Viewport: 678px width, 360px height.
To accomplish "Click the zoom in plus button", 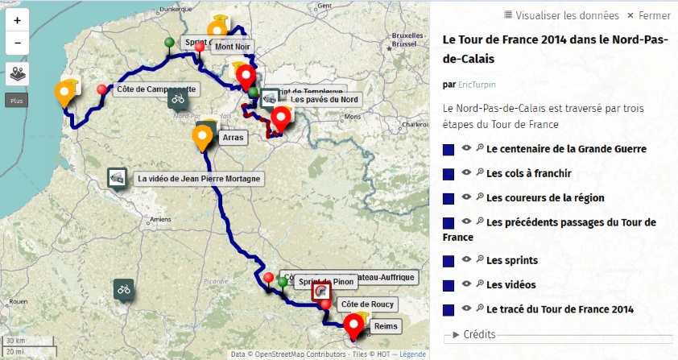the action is (x=18, y=21).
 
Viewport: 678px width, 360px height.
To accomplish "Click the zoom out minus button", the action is (x=18, y=43).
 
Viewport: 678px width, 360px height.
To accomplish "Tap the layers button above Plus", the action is (x=18, y=74).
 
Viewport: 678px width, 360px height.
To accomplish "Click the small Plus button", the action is (x=17, y=101).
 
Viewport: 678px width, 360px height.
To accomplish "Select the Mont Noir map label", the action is (x=229, y=47).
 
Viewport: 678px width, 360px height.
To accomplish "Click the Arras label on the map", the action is (x=231, y=138).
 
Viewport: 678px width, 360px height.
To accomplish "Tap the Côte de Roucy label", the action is (x=359, y=304).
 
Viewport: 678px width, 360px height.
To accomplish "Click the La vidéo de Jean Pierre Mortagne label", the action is (x=198, y=179).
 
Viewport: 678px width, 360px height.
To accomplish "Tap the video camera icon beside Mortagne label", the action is (x=118, y=178).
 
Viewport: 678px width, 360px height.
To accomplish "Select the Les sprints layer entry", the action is (x=511, y=261).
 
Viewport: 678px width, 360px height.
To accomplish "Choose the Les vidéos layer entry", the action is (x=511, y=284).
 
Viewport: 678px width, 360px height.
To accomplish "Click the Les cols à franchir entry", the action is (x=528, y=173).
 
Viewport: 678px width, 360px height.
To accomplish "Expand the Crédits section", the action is (x=478, y=334).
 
